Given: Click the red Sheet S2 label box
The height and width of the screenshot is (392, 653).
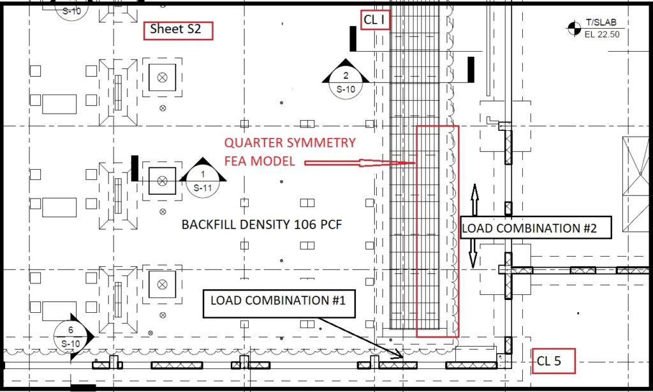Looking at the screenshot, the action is (179, 31).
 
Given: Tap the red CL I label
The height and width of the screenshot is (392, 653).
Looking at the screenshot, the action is (375, 20).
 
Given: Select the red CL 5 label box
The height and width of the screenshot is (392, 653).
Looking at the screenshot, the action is (554, 361).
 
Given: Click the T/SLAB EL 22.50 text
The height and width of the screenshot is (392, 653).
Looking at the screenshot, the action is (602, 28).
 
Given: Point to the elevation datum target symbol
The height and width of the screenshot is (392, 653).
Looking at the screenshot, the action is (574, 28).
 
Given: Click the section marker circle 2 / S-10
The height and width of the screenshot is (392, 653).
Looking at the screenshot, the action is (346, 83).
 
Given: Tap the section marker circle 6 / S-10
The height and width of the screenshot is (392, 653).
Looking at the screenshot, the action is (70, 336).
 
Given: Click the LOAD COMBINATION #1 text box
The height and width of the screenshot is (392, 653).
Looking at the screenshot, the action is (279, 304).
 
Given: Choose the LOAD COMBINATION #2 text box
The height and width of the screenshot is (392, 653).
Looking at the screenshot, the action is (536, 228).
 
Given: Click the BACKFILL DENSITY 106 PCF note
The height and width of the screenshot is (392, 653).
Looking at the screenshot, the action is (261, 225).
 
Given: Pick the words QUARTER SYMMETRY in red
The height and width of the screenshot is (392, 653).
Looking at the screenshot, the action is (290, 142).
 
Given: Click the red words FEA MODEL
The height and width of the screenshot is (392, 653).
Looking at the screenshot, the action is (260, 161).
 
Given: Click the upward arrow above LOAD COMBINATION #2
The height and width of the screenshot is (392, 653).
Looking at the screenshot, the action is (474, 199).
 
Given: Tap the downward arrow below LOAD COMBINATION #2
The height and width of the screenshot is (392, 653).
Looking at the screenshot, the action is (473, 253).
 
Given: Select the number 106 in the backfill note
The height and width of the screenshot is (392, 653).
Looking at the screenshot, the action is (305, 225).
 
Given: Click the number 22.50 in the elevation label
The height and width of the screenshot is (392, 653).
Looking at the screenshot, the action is (608, 34).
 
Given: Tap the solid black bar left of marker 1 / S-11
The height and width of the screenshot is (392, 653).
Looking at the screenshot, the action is (135, 168).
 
